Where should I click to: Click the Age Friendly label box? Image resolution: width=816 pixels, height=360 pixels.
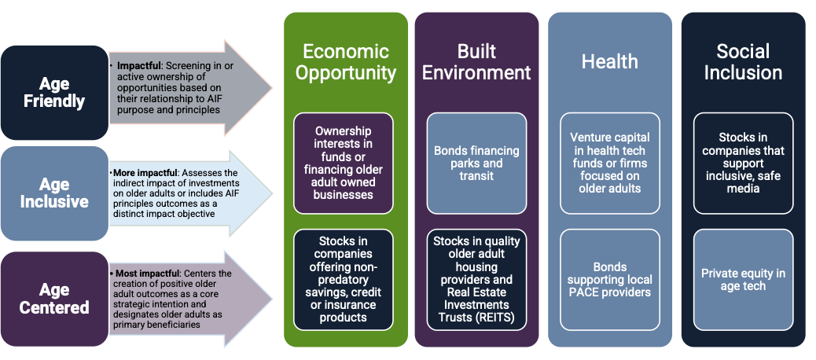(x=54, y=93)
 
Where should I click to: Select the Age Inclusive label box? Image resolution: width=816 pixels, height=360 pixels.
(x=54, y=193)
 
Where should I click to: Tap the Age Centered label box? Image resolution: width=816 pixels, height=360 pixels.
(x=54, y=299)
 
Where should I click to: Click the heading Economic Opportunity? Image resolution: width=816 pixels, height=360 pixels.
(x=346, y=62)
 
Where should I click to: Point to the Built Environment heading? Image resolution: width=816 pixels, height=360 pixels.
(x=476, y=62)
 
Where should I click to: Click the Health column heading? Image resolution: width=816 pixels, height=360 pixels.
(x=609, y=61)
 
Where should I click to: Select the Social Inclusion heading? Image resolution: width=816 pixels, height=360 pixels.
(x=743, y=62)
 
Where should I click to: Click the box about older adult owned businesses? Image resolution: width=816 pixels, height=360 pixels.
(x=344, y=163)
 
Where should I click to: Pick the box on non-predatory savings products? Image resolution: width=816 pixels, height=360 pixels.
(x=344, y=280)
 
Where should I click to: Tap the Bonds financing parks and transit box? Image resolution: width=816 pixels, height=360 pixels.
(x=476, y=163)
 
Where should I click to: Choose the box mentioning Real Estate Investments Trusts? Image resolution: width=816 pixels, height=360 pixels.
(x=476, y=280)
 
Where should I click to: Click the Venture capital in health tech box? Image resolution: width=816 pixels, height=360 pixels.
(x=610, y=163)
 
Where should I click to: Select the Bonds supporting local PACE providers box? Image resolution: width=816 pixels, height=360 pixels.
(x=610, y=280)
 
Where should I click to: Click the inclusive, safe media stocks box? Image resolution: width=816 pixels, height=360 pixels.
(x=743, y=163)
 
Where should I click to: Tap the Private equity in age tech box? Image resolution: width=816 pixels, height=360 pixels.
(x=743, y=280)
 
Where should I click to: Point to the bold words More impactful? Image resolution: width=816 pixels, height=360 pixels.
(x=134, y=172)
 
